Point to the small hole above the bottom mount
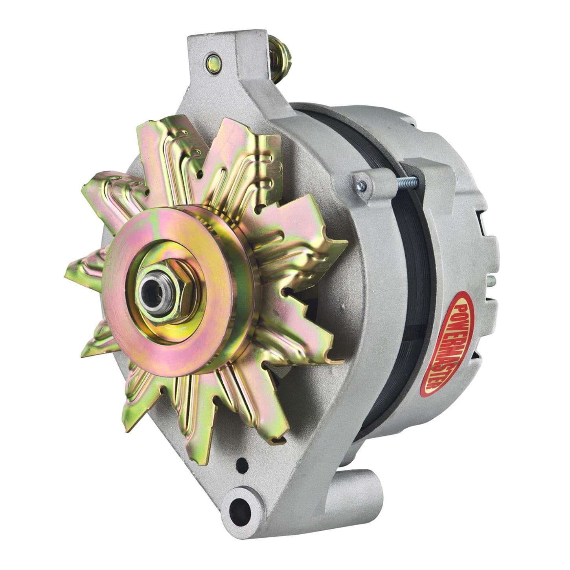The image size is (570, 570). [x=243, y=465]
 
